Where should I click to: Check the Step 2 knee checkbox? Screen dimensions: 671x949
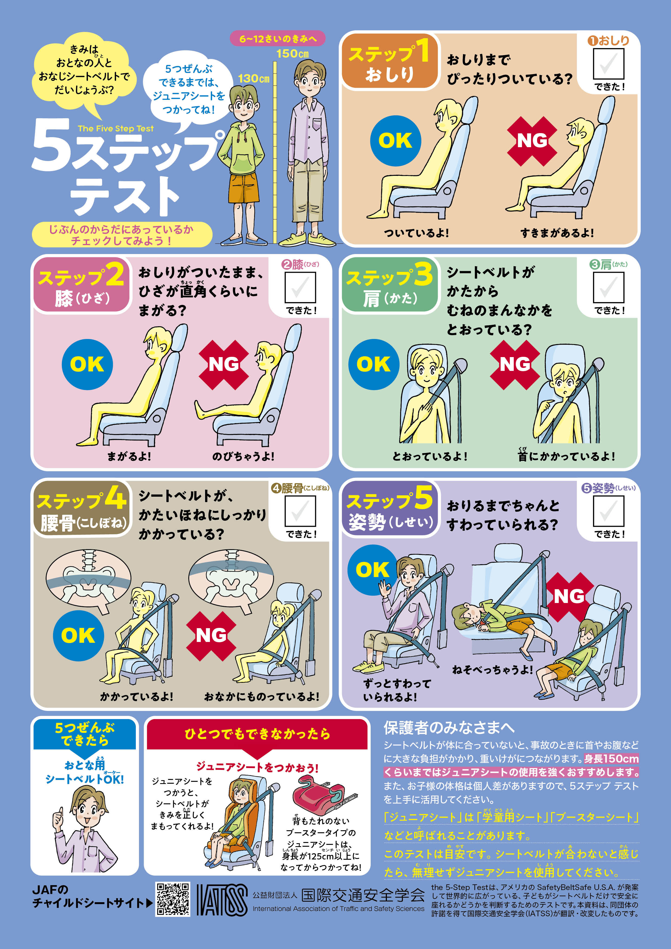300,287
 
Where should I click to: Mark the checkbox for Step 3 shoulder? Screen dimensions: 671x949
608,287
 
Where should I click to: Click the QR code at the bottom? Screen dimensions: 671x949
173,899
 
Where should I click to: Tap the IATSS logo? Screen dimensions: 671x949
222,900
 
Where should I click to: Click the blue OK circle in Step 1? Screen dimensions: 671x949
395,140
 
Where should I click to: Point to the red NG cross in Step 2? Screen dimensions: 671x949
224,365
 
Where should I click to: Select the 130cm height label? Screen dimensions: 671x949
254,78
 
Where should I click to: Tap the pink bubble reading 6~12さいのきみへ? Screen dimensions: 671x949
277,39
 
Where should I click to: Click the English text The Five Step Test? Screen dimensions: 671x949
116,128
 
